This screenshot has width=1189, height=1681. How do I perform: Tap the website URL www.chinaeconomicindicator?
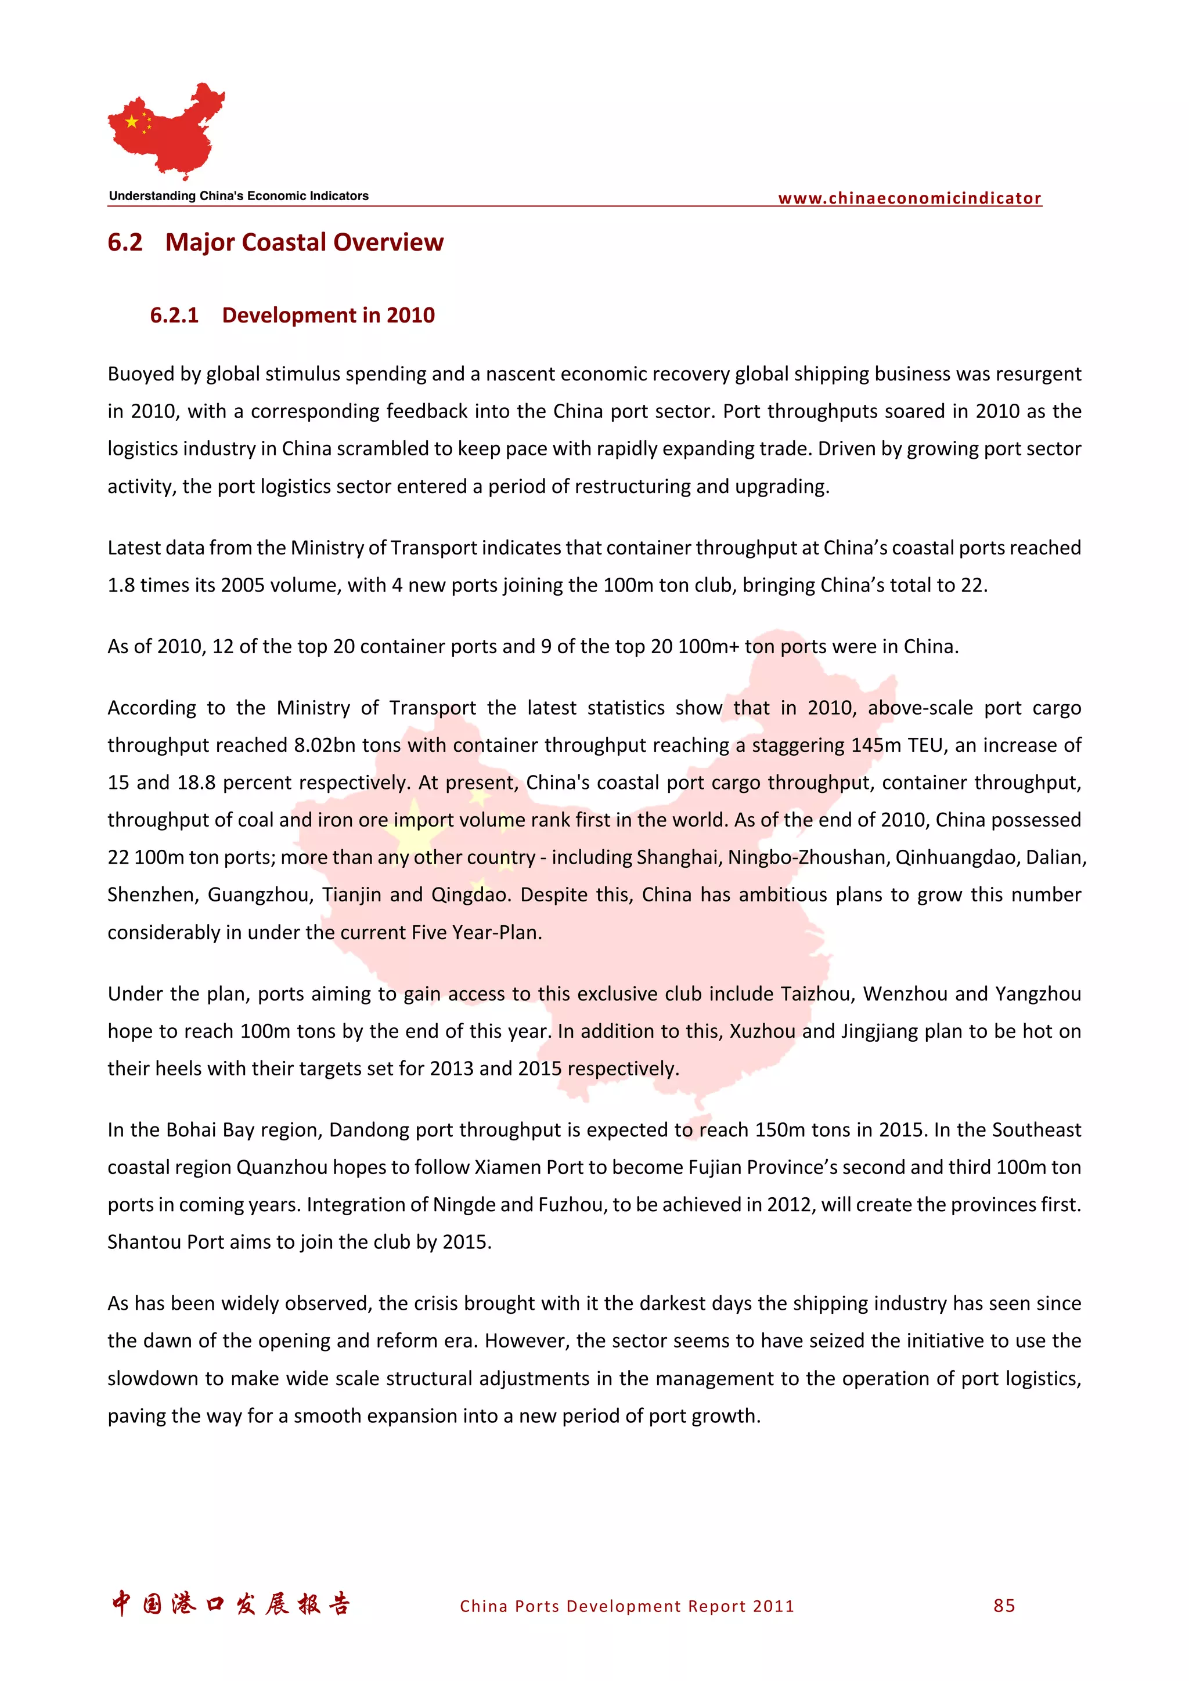point(909,198)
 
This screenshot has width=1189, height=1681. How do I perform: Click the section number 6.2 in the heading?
point(125,242)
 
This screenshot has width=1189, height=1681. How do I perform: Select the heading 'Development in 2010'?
point(328,315)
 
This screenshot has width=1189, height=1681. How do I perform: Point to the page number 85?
point(1004,1605)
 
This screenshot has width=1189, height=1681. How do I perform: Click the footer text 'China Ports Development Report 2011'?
point(626,1606)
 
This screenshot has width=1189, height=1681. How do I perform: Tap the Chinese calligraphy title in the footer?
point(230,1603)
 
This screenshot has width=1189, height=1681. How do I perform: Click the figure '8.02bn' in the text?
point(325,745)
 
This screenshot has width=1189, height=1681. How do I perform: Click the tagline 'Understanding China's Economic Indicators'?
point(239,195)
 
